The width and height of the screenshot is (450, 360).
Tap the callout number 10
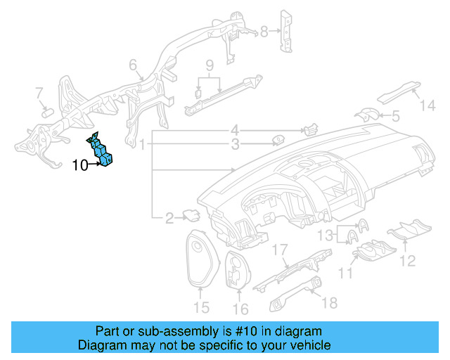(79, 166)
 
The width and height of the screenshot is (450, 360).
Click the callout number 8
(264, 32)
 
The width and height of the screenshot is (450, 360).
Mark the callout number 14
(428, 105)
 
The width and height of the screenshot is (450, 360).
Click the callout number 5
(395, 115)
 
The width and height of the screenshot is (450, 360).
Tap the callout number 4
(236, 131)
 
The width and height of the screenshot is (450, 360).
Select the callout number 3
(236, 145)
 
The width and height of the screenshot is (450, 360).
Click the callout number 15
(201, 307)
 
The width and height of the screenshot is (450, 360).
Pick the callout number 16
(240, 308)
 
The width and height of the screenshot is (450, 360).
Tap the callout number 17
(281, 249)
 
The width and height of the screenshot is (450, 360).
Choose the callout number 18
(329, 302)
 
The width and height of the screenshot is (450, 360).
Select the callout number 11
(345, 272)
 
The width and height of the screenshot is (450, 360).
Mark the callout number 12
(409, 262)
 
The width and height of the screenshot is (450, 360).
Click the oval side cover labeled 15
(200, 260)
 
